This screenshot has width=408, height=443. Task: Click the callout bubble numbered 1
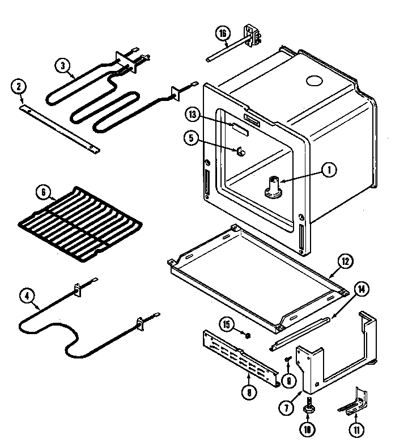[x=328, y=168]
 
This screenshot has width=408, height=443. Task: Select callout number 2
[x=19, y=86]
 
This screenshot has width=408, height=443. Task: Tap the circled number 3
[x=63, y=66]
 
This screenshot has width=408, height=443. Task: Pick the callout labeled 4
[x=26, y=295]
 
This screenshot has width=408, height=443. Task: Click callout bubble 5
[x=192, y=137]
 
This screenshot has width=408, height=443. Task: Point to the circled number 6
[x=41, y=191]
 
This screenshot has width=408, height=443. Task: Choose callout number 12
[x=345, y=261]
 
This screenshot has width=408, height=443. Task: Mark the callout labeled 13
[x=192, y=115]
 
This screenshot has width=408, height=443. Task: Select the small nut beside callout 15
[x=247, y=335]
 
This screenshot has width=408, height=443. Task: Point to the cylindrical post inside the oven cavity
[x=273, y=187]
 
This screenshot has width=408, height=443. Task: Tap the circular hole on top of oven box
[x=312, y=82]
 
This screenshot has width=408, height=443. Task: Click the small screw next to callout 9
[x=288, y=360]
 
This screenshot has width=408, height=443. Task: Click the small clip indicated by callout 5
[x=240, y=152]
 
